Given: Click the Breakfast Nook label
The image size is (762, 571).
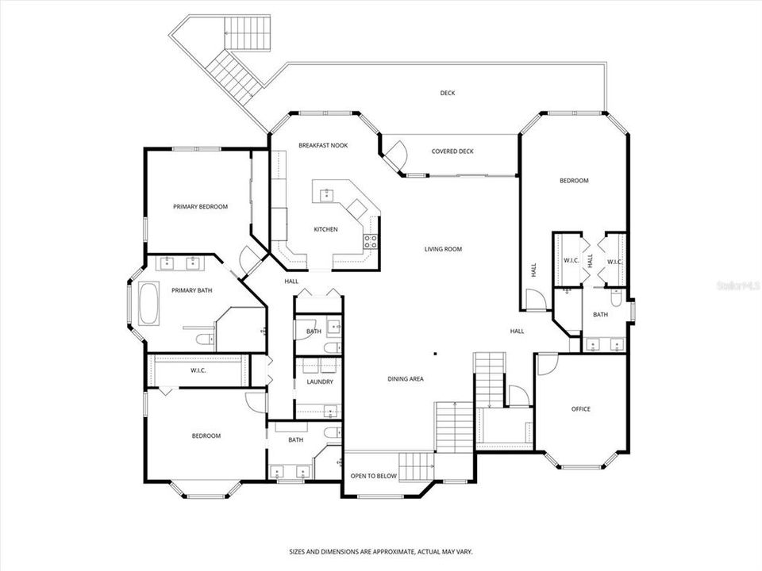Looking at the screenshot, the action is coord(323,145).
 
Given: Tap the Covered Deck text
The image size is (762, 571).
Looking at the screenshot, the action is coord(452,151).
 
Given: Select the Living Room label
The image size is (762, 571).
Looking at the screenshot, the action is coord(443,249).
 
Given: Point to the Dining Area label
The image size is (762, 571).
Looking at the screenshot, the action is coord(406,379).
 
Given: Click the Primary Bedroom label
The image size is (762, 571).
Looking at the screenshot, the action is coord(200,207).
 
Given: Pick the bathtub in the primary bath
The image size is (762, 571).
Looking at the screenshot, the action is coord(148,304).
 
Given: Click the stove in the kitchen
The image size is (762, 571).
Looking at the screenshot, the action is coord(371,241).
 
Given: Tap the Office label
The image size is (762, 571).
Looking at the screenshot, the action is coord(581,409).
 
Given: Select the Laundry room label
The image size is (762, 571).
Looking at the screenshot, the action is coord(320,381).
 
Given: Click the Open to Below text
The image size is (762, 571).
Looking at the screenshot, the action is coord(374,476).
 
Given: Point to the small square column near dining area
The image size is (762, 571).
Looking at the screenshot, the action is coord(436,354).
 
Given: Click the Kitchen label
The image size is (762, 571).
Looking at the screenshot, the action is coord(325,229).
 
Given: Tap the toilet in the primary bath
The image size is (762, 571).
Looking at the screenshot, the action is coord(204,339).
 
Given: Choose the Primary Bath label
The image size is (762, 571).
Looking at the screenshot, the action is coord(192,290).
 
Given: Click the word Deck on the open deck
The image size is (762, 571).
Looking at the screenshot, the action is coord(448,93).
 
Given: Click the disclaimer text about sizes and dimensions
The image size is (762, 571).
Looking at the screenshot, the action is coord(381,552).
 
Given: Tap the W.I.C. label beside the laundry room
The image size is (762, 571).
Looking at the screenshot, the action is coord(198,370).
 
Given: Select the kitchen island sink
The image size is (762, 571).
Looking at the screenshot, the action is coord(327,195).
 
